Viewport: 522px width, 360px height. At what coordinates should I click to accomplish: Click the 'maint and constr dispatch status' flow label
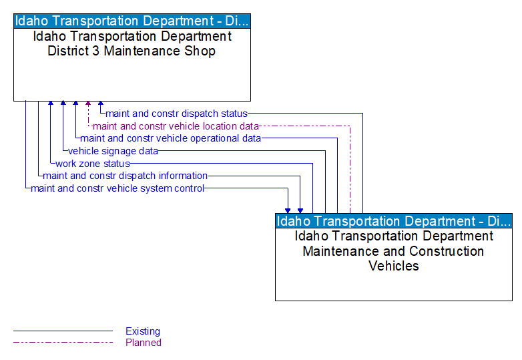[176, 114]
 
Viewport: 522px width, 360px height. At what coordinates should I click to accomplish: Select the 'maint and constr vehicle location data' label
[176, 126]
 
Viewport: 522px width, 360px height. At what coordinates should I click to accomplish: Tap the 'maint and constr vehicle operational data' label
[170, 138]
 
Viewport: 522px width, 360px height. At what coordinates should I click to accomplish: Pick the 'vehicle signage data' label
[113, 151]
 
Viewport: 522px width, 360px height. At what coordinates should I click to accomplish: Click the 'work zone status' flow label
[92, 164]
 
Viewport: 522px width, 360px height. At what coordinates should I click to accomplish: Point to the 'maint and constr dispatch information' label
[125, 176]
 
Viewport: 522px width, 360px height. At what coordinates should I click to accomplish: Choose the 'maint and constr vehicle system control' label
[117, 188]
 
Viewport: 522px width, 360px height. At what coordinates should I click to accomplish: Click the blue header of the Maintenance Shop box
[132, 21]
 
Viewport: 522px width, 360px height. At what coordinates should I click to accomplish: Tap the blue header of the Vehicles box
[394, 221]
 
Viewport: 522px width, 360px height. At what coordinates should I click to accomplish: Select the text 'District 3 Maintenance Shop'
[132, 51]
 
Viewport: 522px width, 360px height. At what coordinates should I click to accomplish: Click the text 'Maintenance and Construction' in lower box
[393, 251]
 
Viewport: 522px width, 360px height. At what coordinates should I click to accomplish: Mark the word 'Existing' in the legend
[143, 331]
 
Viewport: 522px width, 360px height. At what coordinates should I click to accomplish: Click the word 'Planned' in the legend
[144, 343]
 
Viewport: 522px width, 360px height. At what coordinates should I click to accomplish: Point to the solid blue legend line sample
[63, 331]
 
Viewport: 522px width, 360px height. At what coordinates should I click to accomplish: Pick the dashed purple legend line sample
[63, 343]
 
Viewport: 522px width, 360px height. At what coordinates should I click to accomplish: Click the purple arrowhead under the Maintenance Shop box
[88, 104]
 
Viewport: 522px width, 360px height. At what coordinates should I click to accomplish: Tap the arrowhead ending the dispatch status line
[101, 104]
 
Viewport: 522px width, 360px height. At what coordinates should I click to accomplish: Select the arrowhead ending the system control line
[288, 210]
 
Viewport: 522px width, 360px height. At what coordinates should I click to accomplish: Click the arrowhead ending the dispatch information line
[300, 210]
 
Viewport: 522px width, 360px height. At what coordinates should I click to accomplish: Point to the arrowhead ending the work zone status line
[51, 104]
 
